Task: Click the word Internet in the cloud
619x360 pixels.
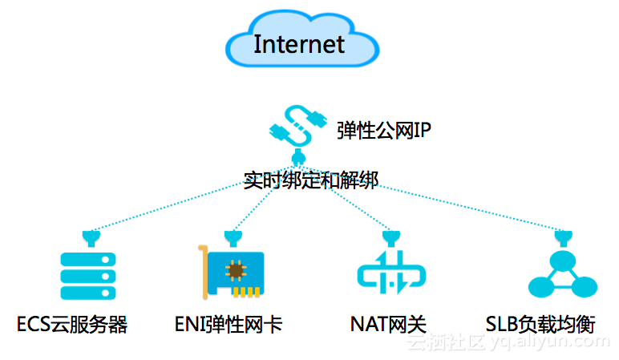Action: [299, 44]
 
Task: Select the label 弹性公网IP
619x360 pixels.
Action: [384, 130]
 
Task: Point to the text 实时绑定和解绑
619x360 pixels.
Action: [310, 180]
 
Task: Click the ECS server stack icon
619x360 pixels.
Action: [88, 276]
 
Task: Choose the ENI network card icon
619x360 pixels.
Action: [232, 272]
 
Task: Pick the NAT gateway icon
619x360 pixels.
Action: [391, 272]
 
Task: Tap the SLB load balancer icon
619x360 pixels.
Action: [563, 274]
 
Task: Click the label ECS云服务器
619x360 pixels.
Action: [72, 325]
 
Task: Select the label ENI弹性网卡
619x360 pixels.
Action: [229, 325]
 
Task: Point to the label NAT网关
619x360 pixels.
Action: [388, 325]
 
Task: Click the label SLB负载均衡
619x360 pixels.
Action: [540, 325]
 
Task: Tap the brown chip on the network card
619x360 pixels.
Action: [236, 270]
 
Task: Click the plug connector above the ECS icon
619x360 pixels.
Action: [91, 238]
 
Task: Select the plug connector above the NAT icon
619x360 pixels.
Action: [391, 238]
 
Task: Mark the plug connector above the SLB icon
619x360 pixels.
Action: [564, 238]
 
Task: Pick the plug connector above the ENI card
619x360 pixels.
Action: [233, 238]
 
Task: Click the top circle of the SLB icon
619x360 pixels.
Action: [563, 261]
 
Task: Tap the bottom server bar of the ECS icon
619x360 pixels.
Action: [88, 293]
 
